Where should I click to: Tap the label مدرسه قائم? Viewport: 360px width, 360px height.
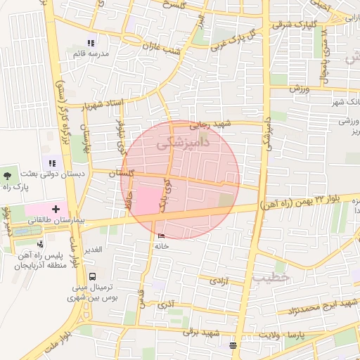point(90,54)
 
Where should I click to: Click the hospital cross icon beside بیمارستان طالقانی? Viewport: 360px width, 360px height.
point(56,209)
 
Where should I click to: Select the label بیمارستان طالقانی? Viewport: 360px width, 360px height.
point(56,220)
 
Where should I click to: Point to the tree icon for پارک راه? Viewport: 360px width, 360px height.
point(8,172)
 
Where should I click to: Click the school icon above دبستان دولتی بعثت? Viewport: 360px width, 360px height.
point(51,163)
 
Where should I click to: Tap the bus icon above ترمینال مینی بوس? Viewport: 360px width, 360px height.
point(94,276)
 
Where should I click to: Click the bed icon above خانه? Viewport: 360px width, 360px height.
point(162,236)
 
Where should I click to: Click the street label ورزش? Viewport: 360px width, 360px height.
point(300,88)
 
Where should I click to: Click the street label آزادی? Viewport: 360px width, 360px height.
point(211,281)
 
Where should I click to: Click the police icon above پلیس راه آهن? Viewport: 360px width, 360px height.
point(41,244)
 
